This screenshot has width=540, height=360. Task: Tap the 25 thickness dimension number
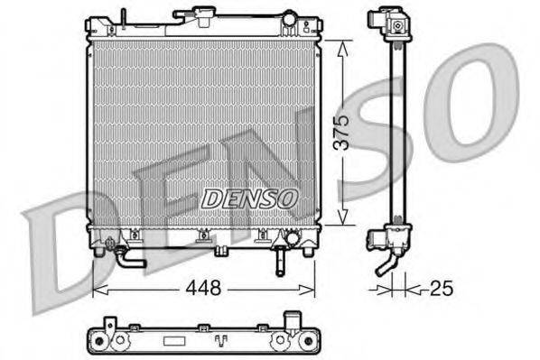point(441,290)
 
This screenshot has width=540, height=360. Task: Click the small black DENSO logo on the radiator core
point(248,196)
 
